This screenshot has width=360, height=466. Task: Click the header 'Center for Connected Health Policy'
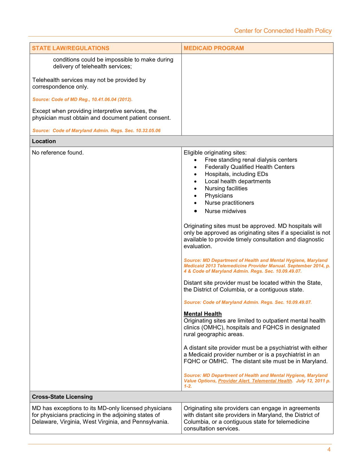point(283,31)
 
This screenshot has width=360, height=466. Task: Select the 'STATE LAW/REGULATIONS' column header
point(71,48)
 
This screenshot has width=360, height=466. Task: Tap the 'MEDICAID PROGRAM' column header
point(214,48)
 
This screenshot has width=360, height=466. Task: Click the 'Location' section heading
point(44,141)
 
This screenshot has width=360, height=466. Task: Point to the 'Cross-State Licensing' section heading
point(62,397)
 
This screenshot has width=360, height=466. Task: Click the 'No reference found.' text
point(58,153)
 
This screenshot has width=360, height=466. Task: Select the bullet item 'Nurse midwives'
point(225,211)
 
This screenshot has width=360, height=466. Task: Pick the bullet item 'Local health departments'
point(237,181)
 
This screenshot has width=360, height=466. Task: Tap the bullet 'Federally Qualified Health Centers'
point(250,167)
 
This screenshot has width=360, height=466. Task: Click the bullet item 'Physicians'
point(219,196)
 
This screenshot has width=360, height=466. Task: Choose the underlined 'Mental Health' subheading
point(203,314)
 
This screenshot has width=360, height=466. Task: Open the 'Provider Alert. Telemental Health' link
point(255,381)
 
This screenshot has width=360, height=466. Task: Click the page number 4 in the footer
point(329,450)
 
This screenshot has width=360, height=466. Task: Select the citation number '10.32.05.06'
point(148,130)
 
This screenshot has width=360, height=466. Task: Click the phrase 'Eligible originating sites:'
point(215,153)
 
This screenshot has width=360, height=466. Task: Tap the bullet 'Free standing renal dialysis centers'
point(251,160)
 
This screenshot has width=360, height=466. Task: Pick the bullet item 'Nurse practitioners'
point(229,203)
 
